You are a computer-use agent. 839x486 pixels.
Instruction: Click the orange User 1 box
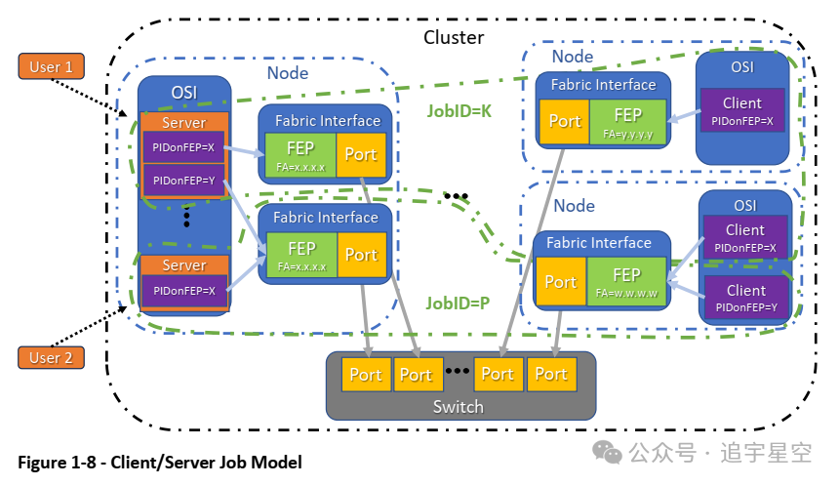pyautogui.click(x=51, y=67)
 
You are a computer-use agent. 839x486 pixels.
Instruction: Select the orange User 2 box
pyautogui.click(x=51, y=357)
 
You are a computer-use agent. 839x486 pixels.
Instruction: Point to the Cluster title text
pyautogui.click(x=454, y=37)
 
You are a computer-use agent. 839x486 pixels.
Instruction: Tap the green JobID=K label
pyautogui.click(x=459, y=111)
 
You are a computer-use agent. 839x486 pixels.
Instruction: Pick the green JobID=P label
pyautogui.click(x=457, y=303)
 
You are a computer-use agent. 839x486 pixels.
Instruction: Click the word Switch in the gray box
pyautogui.click(x=458, y=406)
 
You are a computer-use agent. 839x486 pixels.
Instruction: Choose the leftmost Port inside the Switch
pyautogui.click(x=366, y=375)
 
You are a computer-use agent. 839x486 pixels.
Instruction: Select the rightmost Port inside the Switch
pyautogui.click(x=550, y=375)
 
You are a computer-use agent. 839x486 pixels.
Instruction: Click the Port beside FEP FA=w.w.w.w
pyautogui.click(x=560, y=282)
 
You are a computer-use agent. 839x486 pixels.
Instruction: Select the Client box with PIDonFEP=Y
pyautogui.click(x=744, y=298)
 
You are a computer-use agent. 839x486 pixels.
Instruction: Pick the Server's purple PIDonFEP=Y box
pyautogui.click(x=184, y=180)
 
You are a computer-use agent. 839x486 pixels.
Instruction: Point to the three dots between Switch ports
pyautogui.click(x=458, y=372)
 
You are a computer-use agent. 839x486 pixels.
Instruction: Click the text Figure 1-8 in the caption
pyautogui.click(x=57, y=462)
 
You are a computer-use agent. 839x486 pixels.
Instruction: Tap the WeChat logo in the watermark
pyautogui.click(x=610, y=454)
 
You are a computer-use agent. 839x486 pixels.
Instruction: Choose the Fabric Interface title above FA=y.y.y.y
pyautogui.click(x=603, y=85)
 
